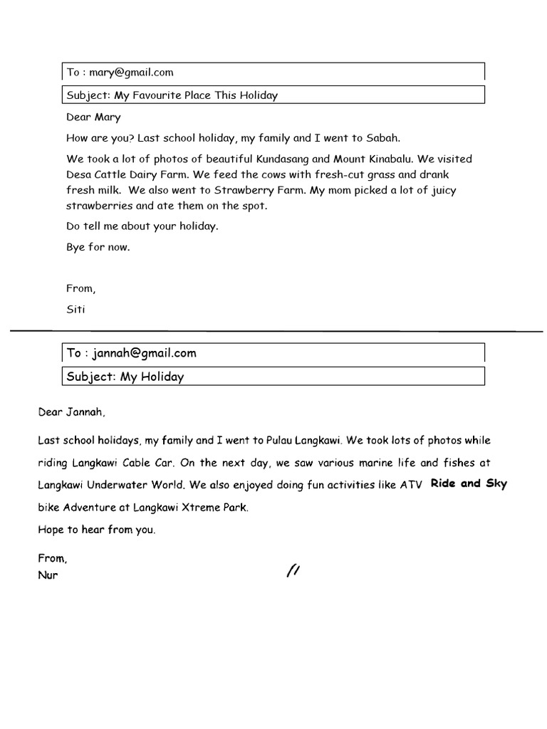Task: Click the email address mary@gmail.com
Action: point(131,72)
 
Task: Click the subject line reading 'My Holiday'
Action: point(152,377)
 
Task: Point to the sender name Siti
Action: point(75,310)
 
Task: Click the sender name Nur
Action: point(48,575)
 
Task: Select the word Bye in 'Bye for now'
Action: point(75,248)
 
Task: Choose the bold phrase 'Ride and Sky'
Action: point(469,483)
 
